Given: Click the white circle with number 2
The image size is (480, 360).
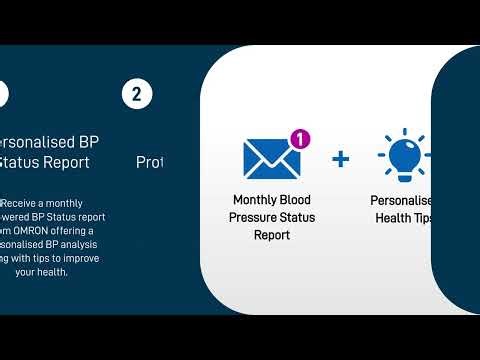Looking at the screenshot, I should tap(137, 94).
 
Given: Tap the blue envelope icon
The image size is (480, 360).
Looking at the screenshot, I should tap(272, 158).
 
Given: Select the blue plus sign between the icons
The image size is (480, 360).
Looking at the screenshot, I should tap(340, 158).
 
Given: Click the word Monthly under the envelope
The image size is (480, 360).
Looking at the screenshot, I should tap(255, 199).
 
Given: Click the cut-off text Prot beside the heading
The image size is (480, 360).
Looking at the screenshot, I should tap(149, 161).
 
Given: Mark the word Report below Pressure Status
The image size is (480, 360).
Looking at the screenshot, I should tap(271, 235).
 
